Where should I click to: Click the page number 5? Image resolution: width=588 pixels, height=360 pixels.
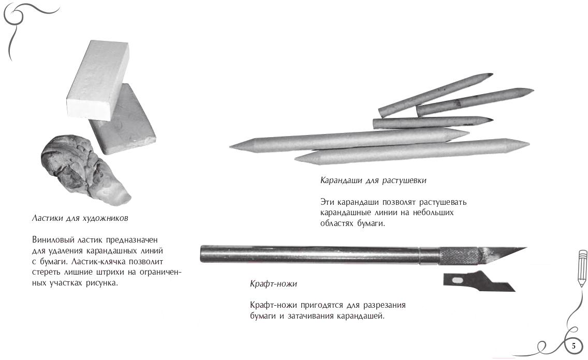(x=574, y=346)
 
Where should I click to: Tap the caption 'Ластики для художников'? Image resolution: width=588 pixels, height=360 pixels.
(x=80, y=218)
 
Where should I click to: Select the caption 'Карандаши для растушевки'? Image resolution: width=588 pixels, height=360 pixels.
(x=373, y=180)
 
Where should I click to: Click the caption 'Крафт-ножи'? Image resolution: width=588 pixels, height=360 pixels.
(x=273, y=283)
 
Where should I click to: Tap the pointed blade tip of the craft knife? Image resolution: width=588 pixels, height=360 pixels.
(x=526, y=248)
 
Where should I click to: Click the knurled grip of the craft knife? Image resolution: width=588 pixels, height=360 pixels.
(x=459, y=256)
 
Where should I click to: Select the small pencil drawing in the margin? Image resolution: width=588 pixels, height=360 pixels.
(x=582, y=268)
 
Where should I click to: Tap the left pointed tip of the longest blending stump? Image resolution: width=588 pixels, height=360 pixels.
(x=230, y=146)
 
